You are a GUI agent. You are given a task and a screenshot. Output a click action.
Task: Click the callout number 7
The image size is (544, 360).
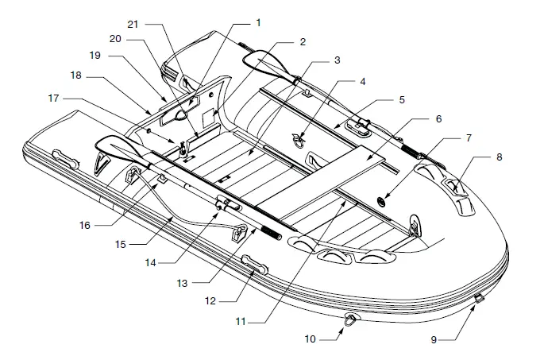point(469,138)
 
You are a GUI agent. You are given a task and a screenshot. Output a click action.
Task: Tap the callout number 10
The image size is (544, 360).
point(311,339)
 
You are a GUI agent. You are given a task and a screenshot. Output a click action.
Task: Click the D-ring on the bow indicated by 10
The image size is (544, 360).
point(350,319)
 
